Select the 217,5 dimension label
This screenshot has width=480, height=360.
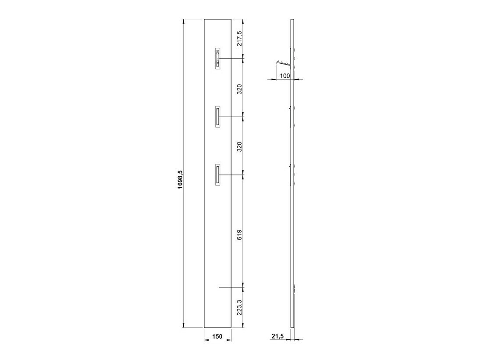click(x=240, y=39)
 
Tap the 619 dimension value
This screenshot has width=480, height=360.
click(x=240, y=235)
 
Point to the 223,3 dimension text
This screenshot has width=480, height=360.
click(x=240, y=307)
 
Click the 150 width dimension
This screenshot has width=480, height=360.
click(x=217, y=337)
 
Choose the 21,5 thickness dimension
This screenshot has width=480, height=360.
click(x=277, y=336)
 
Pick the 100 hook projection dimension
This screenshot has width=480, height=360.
click(x=284, y=75)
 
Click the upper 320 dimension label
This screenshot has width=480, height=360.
click(x=240, y=89)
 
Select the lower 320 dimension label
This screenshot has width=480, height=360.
click(x=240, y=146)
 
